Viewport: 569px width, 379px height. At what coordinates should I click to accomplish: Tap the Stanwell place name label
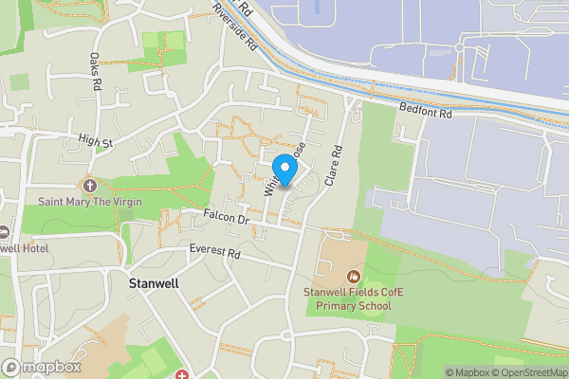(x=154, y=283)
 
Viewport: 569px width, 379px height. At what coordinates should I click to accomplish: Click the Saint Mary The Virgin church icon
(x=90, y=186)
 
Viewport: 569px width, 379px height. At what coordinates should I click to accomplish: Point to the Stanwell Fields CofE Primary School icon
(x=354, y=277)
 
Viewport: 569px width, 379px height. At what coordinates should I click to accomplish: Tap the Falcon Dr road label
(x=225, y=218)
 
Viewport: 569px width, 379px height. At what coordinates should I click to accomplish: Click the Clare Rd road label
(x=333, y=164)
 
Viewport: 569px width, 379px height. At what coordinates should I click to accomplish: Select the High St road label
(x=96, y=142)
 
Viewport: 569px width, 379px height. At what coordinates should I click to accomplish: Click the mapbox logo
(x=41, y=367)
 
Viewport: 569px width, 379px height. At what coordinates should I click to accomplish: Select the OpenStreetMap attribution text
(x=528, y=372)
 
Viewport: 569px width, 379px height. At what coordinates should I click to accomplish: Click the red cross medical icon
(x=179, y=373)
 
